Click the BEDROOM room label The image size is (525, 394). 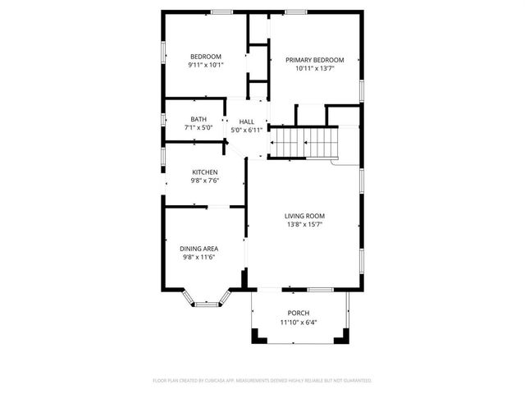point(205,57)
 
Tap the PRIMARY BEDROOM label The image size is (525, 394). point(314,60)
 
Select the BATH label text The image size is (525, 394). point(199,119)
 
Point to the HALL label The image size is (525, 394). point(246,121)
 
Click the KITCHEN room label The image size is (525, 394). point(205,172)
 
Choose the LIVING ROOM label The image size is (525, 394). point(304,216)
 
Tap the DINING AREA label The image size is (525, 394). point(200,248)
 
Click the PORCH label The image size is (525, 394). point(299,314)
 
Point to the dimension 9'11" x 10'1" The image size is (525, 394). point(205,65)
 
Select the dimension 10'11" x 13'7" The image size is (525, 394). point(314,69)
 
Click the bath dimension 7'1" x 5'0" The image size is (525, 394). point(199,128)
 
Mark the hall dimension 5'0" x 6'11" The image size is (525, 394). point(246,130)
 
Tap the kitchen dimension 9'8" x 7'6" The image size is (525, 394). point(205,181)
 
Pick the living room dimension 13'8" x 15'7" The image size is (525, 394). point(304,224)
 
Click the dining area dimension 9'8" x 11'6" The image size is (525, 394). point(200,257)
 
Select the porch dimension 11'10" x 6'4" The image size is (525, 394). point(299,323)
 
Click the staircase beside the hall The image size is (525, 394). point(304,143)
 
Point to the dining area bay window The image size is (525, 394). point(208,305)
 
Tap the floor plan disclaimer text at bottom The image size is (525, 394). point(262,381)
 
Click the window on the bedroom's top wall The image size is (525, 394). point(221,12)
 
